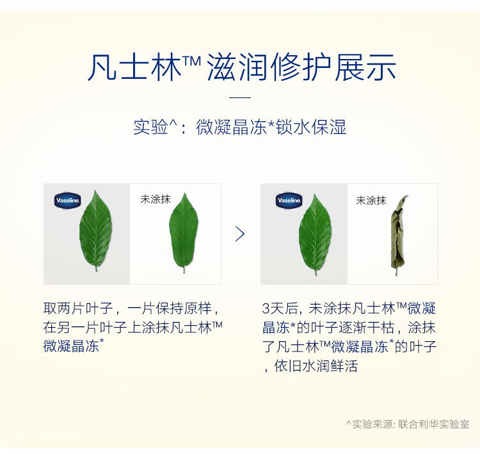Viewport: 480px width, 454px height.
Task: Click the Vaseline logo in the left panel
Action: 67,201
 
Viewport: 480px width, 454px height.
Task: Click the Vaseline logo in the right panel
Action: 289,201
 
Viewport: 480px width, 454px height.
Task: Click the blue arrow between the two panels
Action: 240,234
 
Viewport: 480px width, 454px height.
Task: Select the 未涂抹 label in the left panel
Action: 156,199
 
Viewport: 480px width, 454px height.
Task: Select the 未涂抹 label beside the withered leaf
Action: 371,201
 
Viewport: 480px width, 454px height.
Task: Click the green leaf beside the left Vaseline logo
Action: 95,231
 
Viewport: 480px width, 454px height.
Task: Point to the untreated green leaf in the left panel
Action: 184,233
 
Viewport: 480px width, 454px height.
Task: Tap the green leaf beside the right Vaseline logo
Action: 315,234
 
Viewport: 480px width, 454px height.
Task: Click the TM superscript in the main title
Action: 191,60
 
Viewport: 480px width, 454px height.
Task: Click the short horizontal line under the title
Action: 240,97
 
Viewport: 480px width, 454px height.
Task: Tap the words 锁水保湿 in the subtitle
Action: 311,127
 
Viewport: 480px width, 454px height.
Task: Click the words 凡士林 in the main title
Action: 135,67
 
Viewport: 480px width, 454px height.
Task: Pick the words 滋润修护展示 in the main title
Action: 301,67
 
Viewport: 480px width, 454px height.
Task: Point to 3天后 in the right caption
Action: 280,308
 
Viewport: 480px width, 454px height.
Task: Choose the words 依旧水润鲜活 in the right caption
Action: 316,366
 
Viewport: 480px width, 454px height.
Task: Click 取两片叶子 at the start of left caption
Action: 78,308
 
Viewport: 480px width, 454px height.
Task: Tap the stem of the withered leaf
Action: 396,271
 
